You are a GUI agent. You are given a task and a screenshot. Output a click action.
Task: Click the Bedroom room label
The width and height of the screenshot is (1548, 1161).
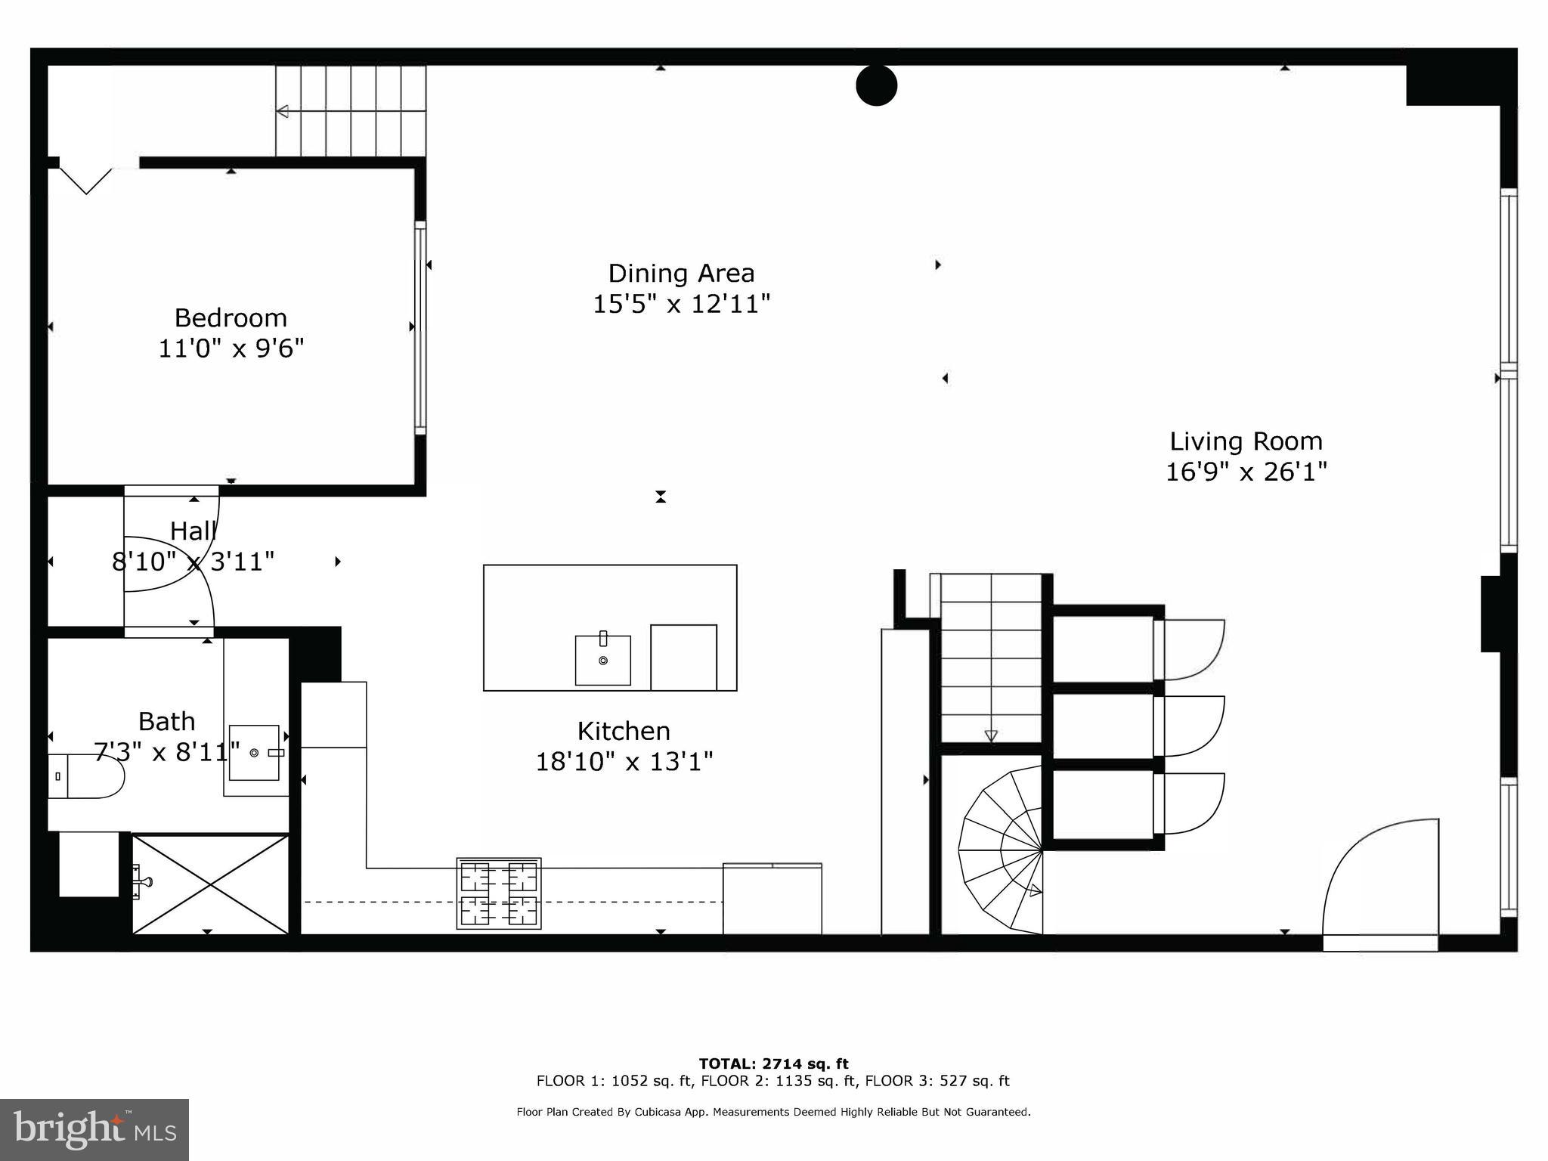[231, 317]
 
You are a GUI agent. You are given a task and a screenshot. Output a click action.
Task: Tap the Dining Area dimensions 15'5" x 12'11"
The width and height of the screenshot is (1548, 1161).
[681, 305]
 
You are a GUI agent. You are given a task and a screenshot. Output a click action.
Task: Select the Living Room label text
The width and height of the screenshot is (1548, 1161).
[1246, 441]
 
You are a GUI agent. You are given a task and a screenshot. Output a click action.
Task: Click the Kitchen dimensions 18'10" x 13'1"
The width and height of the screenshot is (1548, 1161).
[624, 762]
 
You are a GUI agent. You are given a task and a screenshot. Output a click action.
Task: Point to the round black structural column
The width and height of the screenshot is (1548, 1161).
[876, 85]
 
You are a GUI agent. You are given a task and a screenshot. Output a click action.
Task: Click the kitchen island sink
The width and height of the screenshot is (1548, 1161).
[602, 660]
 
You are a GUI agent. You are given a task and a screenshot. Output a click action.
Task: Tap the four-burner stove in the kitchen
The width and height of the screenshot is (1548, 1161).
[499, 893]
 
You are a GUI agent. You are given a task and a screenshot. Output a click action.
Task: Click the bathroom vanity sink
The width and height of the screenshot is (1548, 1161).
[255, 753]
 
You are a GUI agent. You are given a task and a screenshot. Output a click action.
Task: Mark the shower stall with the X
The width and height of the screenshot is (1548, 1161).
[210, 884]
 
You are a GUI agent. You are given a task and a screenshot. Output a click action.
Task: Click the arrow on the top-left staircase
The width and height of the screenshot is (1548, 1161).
[283, 111]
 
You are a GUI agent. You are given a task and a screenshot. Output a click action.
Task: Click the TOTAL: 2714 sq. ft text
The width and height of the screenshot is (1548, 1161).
[773, 1064]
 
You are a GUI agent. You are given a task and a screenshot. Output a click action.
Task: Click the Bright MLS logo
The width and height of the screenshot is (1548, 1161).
[94, 1129]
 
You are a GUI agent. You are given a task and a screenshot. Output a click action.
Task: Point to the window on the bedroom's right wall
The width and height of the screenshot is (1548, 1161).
[420, 327]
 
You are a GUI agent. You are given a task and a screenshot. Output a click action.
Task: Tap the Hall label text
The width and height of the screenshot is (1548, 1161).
[193, 531]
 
